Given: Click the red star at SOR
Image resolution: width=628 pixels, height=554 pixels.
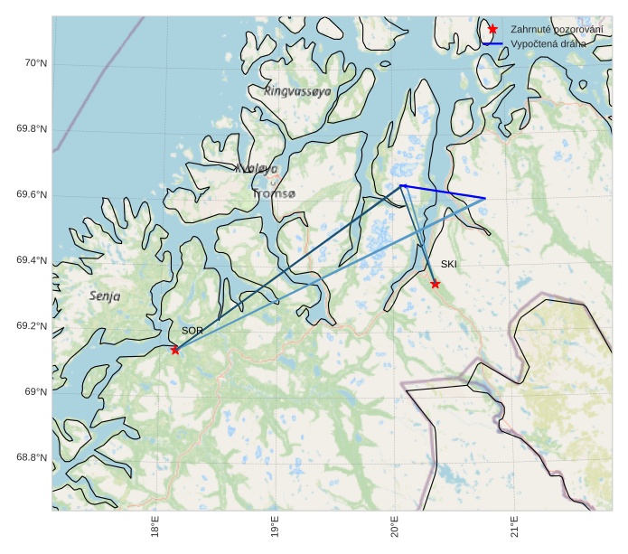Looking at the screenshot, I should pyautogui.click(x=174, y=350).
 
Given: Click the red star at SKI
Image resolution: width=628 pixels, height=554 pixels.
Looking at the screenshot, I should pyautogui.click(x=436, y=284).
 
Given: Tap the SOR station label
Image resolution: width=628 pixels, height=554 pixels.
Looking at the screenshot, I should pyautogui.click(x=192, y=332).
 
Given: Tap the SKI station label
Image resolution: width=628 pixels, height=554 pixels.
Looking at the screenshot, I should pyautogui.click(x=449, y=264).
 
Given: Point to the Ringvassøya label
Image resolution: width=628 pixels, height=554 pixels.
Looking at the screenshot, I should pyautogui.click(x=298, y=91).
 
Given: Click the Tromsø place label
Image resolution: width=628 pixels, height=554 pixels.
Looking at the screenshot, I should pyautogui.click(x=275, y=194).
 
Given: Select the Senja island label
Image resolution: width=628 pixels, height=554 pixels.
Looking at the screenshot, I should pyautogui.click(x=105, y=296).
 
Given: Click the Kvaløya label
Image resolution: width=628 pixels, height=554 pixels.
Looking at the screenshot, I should pyautogui.click(x=257, y=168).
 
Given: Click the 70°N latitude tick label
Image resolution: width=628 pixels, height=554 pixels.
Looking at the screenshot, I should pyautogui.click(x=35, y=63).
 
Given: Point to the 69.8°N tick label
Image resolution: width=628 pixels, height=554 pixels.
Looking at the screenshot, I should pyautogui.click(x=32, y=129).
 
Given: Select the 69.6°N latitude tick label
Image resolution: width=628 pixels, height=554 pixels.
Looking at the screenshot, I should pyautogui.click(x=32, y=195).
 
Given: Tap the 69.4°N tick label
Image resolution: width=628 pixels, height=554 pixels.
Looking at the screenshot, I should pyautogui.click(x=32, y=260).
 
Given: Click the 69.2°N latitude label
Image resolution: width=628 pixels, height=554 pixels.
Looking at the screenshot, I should pyautogui.click(x=32, y=326).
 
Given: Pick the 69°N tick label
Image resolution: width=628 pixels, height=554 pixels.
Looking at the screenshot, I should pyautogui.click(x=35, y=391).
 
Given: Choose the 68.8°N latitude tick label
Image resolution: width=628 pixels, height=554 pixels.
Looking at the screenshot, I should pyautogui.click(x=32, y=457).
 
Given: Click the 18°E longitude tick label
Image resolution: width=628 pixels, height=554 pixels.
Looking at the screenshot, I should pyautogui.click(x=155, y=526).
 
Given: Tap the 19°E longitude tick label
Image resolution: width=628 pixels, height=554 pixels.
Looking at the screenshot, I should pyautogui.click(x=275, y=526).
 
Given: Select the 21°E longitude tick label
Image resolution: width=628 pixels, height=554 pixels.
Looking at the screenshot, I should pyautogui.click(x=514, y=526).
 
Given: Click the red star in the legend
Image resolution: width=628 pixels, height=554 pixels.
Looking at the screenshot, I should pyautogui.click(x=492, y=30).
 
